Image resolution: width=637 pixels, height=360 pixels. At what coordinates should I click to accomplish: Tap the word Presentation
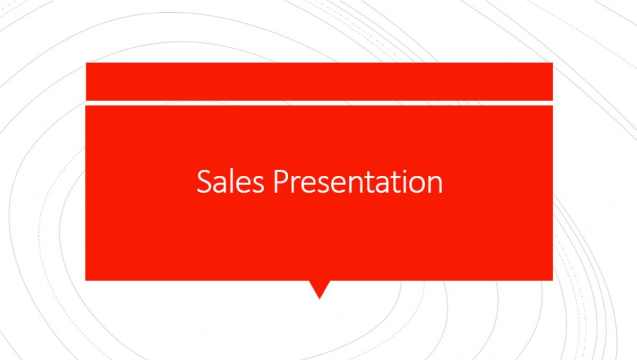coord(358,181)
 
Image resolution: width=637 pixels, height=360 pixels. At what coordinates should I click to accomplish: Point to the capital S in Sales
coord(205,181)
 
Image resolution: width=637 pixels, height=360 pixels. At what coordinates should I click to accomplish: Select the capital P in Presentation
coord(281,182)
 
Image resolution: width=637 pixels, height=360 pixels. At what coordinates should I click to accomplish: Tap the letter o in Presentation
coord(417,185)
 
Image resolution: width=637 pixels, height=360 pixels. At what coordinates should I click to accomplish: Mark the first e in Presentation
coord(309,185)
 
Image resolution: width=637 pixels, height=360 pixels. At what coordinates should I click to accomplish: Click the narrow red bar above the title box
coord(320,81)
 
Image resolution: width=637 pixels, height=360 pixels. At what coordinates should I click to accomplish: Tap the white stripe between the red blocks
coord(320,103)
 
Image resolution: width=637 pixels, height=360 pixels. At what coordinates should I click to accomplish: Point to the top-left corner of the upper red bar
coord(86,63)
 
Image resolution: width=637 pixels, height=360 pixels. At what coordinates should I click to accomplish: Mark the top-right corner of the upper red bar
coord(553,63)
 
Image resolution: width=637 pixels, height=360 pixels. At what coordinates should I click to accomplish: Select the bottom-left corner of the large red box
coord(85,280)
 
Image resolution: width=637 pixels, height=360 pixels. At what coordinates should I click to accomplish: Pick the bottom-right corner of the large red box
coord(553,280)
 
